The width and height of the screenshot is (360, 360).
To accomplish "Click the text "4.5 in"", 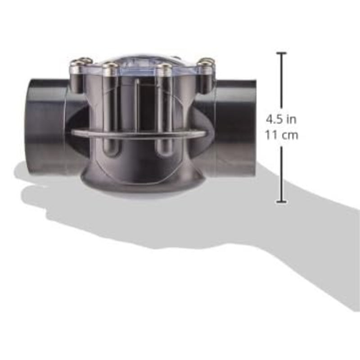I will click(x=281, y=120).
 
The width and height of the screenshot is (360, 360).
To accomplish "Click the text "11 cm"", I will click(x=281, y=135).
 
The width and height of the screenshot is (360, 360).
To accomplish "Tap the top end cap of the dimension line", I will click(x=282, y=54).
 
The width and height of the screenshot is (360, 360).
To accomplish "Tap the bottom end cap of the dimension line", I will click(x=282, y=202).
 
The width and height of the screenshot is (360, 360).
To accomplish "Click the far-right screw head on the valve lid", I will click(x=207, y=63).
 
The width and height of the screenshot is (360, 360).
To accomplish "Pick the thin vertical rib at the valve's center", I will click(x=136, y=103).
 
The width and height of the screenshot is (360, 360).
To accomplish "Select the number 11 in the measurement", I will click(x=271, y=135).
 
